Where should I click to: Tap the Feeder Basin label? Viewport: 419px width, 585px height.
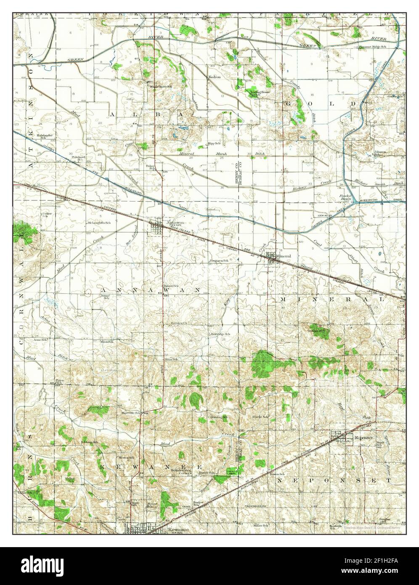click(x=345, y=198)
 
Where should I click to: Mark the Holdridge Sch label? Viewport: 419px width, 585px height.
click(x=221, y=334)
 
